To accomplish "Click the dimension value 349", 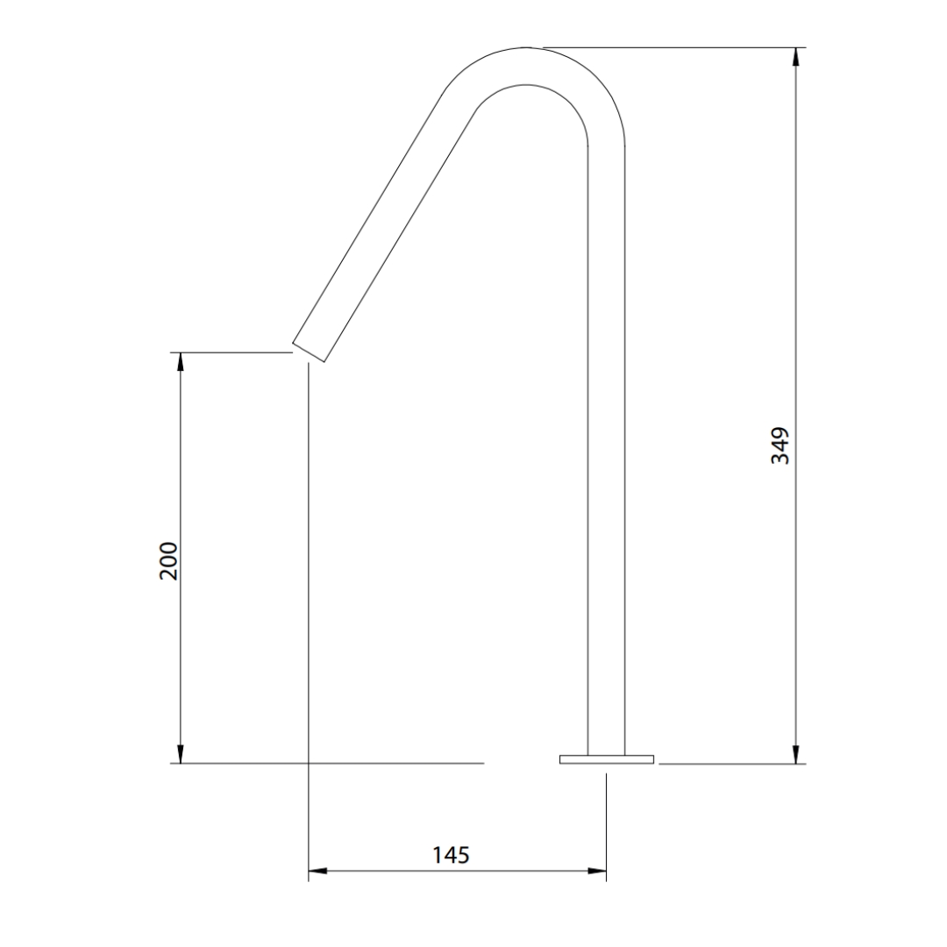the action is pyautogui.click(x=780, y=445).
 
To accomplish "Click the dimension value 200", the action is pyautogui.click(x=169, y=562).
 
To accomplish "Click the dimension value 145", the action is pyautogui.click(x=451, y=855).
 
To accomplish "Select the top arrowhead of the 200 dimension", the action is pyautogui.click(x=180, y=362).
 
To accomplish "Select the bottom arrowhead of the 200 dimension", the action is pyautogui.click(x=180, y=754).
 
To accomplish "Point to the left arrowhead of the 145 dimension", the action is pyautogui.click(x=318, y=871).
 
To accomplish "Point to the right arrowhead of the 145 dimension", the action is pyautogui.click(x=597, y=871).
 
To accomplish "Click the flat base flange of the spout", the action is pyautogui.click(x=607, y=759).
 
